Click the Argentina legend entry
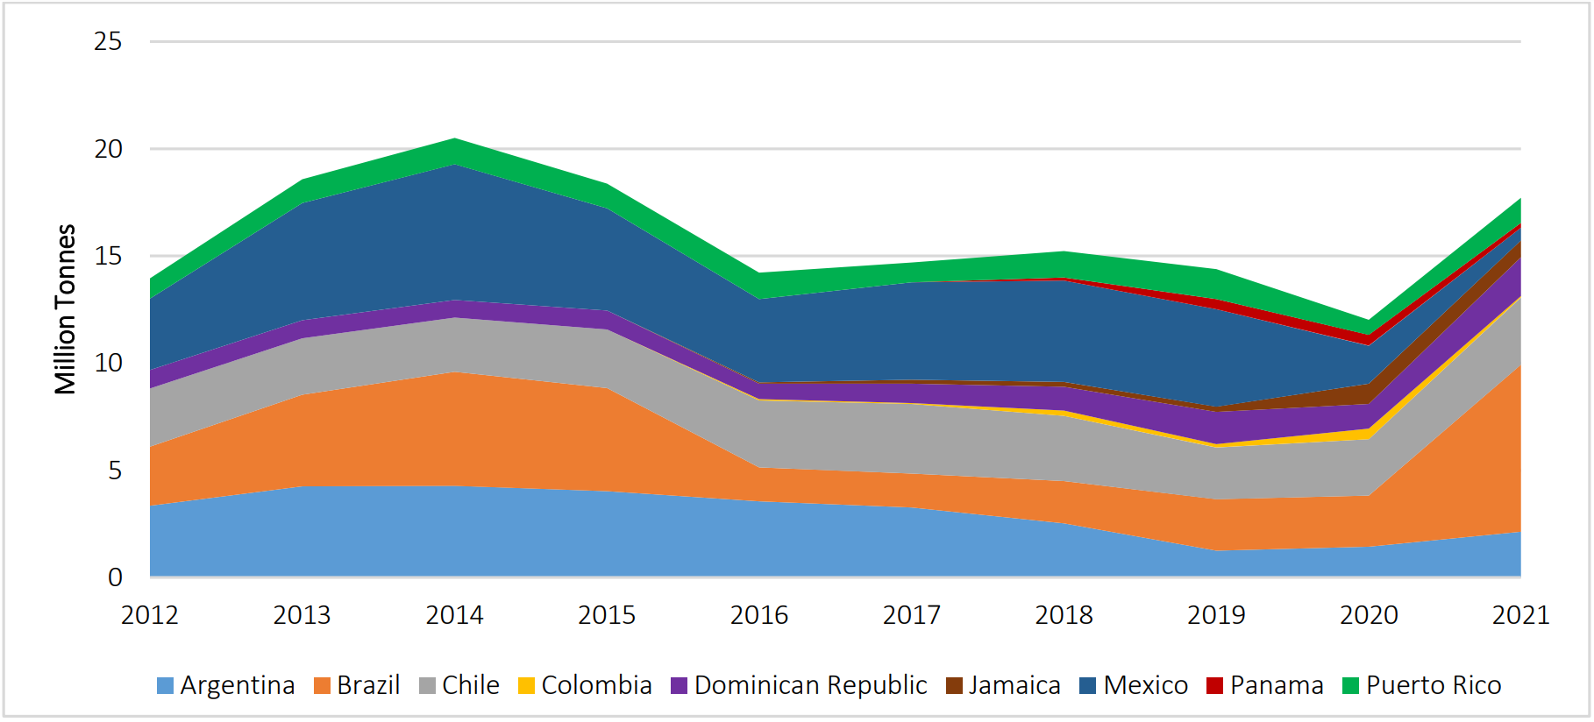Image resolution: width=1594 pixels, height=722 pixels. pyautogui.click(x=226, y=685)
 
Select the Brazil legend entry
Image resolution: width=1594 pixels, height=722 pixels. pyautogui.click(x=357, y=685)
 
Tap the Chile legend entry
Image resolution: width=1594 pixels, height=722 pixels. pyautogui.click(x=459, y=685)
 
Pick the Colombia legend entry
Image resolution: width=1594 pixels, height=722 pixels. pyautogui.click(x=586, y=685)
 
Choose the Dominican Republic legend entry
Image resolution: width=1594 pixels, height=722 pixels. pyautogui.click(x=799, y=685)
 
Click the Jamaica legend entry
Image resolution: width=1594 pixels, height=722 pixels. pyautogui.click(x=1004, y=685)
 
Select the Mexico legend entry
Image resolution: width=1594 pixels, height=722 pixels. pyautogui.click(x=1134, y=685)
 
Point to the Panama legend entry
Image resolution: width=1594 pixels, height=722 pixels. pyautogui.click(x=1265, y=685)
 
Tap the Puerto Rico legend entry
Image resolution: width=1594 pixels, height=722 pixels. pyautogui.click(x=1422, y=685)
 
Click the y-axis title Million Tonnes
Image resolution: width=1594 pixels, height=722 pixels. pyautogui.click(x=66, y=309)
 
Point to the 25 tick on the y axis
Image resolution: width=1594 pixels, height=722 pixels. pyautogui.click(x=108, y=41)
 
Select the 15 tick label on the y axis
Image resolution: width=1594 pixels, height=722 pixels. pyautogui.click(x=108, y=256)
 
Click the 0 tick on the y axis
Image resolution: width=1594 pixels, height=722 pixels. pyautogui.click(x=115, y=577)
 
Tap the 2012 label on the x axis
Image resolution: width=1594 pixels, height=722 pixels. pyautogui.click(x=150, y=615)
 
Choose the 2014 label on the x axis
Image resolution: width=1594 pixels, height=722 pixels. pyautogui.click(x=454, y=615)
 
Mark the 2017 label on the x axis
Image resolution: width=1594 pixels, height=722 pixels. pyautogui.click(x=912, y=615)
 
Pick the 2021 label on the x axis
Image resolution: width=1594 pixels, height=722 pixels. pyautogui.click(x=1521, y=615)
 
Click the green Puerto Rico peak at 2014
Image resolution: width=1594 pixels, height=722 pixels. pyautogui.click(x=455, y=151)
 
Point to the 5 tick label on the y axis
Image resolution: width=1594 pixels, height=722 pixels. pyautogui.click(x=115, y=471)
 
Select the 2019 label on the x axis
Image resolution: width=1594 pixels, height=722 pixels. pyautogui.click(x=1216, y=615)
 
